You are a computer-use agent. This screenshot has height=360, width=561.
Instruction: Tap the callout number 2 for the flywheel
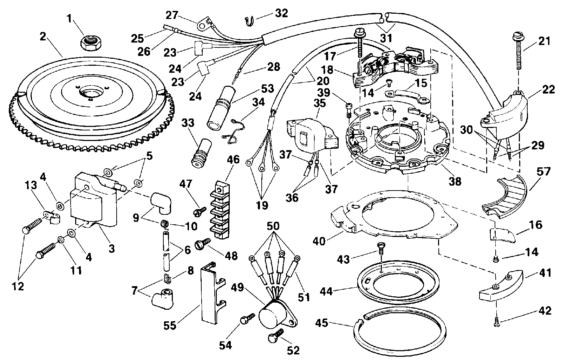click(x=43, y=37)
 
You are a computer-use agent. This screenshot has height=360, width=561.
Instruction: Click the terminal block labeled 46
click(x=220, y=211)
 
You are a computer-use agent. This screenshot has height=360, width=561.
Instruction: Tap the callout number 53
click(x=267, y=88)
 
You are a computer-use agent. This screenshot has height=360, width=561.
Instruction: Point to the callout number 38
click(x=455, y=181)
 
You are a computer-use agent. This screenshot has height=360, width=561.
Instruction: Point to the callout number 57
click(x=543, y=172)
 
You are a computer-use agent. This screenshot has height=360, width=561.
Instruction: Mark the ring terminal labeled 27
click(x=204, y=23)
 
